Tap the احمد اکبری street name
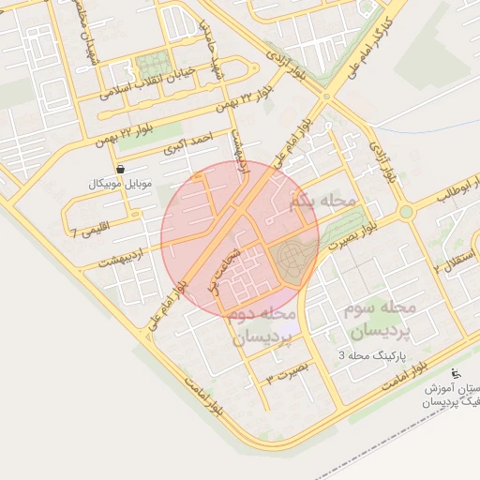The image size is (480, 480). click(188, 143)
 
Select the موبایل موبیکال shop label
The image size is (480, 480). click(118, 183)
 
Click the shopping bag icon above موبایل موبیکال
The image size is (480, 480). click(119, 169)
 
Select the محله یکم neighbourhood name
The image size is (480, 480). click(324, 201)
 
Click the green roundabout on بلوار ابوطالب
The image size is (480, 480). click(406, 212)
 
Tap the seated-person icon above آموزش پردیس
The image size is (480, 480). click(457, 374)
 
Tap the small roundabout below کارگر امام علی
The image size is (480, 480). click(326, 95)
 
